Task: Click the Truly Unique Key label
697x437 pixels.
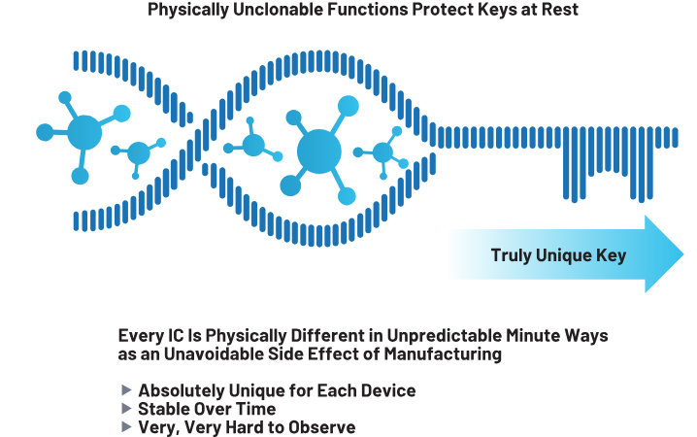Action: pyautogui.click(x=558, y=255)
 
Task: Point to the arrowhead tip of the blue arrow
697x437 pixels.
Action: pyautogui.click(x=683, y=253)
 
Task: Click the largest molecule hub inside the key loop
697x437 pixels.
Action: pyautogui.click(x=318, y=151)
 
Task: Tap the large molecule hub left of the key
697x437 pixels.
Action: pyautogui.click(x=84, y=132)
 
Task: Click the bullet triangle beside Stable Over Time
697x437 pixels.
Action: pyautogui.click(x=127, y=408)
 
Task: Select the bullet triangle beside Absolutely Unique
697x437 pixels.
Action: pyautogui.click(x=127, y=389)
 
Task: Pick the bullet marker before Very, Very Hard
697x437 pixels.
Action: pyautogui.click(x=127, y=426)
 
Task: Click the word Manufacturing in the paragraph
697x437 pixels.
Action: pyautogui.click(x=443, y=354)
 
